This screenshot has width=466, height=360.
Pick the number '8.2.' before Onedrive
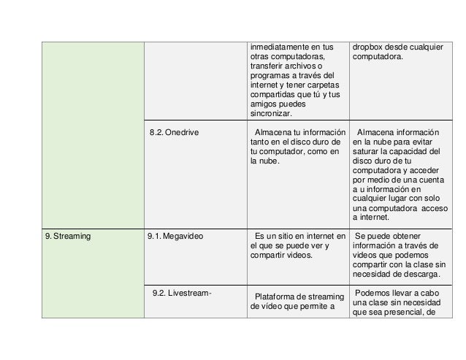pyautogui.click(x=156, y=132)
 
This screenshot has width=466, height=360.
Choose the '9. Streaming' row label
pyautogui.click(x=66, y=236)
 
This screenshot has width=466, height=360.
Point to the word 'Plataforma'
pyautogui.click(x=277, y=296)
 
